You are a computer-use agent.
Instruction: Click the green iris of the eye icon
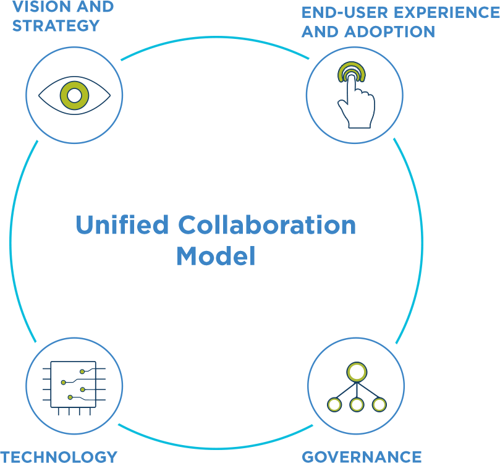(x=66, y=95)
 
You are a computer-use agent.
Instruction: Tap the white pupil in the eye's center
(x=74, y=95)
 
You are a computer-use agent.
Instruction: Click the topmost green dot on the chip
(x=82, y=372)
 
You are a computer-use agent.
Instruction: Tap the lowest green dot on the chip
(x=70, y=397)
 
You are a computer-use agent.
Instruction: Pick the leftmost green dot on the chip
(x=63, y=383)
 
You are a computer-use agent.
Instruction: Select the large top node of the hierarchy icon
(x=357, y=372)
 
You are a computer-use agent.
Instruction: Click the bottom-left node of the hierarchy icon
(x=334, y=405)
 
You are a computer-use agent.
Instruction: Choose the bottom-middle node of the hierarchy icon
(x=357, y=405)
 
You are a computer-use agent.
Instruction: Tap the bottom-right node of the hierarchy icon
(x=379, y=405)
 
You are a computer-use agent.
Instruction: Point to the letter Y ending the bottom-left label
(x=110, y=457)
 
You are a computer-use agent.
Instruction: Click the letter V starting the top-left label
(x=20, y=7)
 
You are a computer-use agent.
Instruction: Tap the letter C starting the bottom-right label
(x=309, y=457)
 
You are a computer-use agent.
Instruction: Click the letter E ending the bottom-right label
(x=417, y=457)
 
